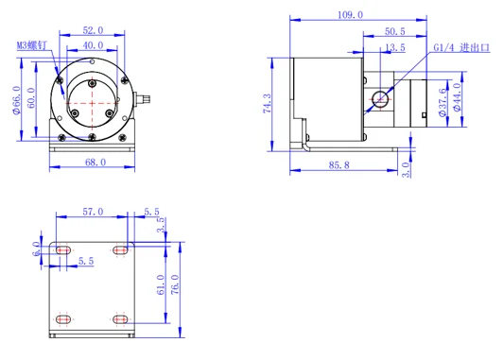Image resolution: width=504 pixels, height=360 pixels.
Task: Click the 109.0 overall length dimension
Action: [x=350, y=15]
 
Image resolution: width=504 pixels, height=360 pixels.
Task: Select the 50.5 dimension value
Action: [x=395, y=31]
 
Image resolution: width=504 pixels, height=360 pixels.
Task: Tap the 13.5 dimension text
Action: [x=395, y=47]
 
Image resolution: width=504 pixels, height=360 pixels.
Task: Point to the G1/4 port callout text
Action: [x=461, y=47]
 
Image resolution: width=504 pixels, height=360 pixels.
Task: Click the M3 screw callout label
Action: [x=31, y=45]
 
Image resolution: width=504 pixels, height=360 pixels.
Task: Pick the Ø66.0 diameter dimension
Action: [x=16, y=100]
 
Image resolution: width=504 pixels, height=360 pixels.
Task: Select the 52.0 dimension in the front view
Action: [x=93, y=30]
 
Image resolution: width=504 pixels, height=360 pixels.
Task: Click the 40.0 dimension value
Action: [x=93, y=45]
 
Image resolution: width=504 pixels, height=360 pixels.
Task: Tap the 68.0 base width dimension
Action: [x=96, y=163]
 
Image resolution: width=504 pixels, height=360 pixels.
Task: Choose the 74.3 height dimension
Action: [x=268, y=103]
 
